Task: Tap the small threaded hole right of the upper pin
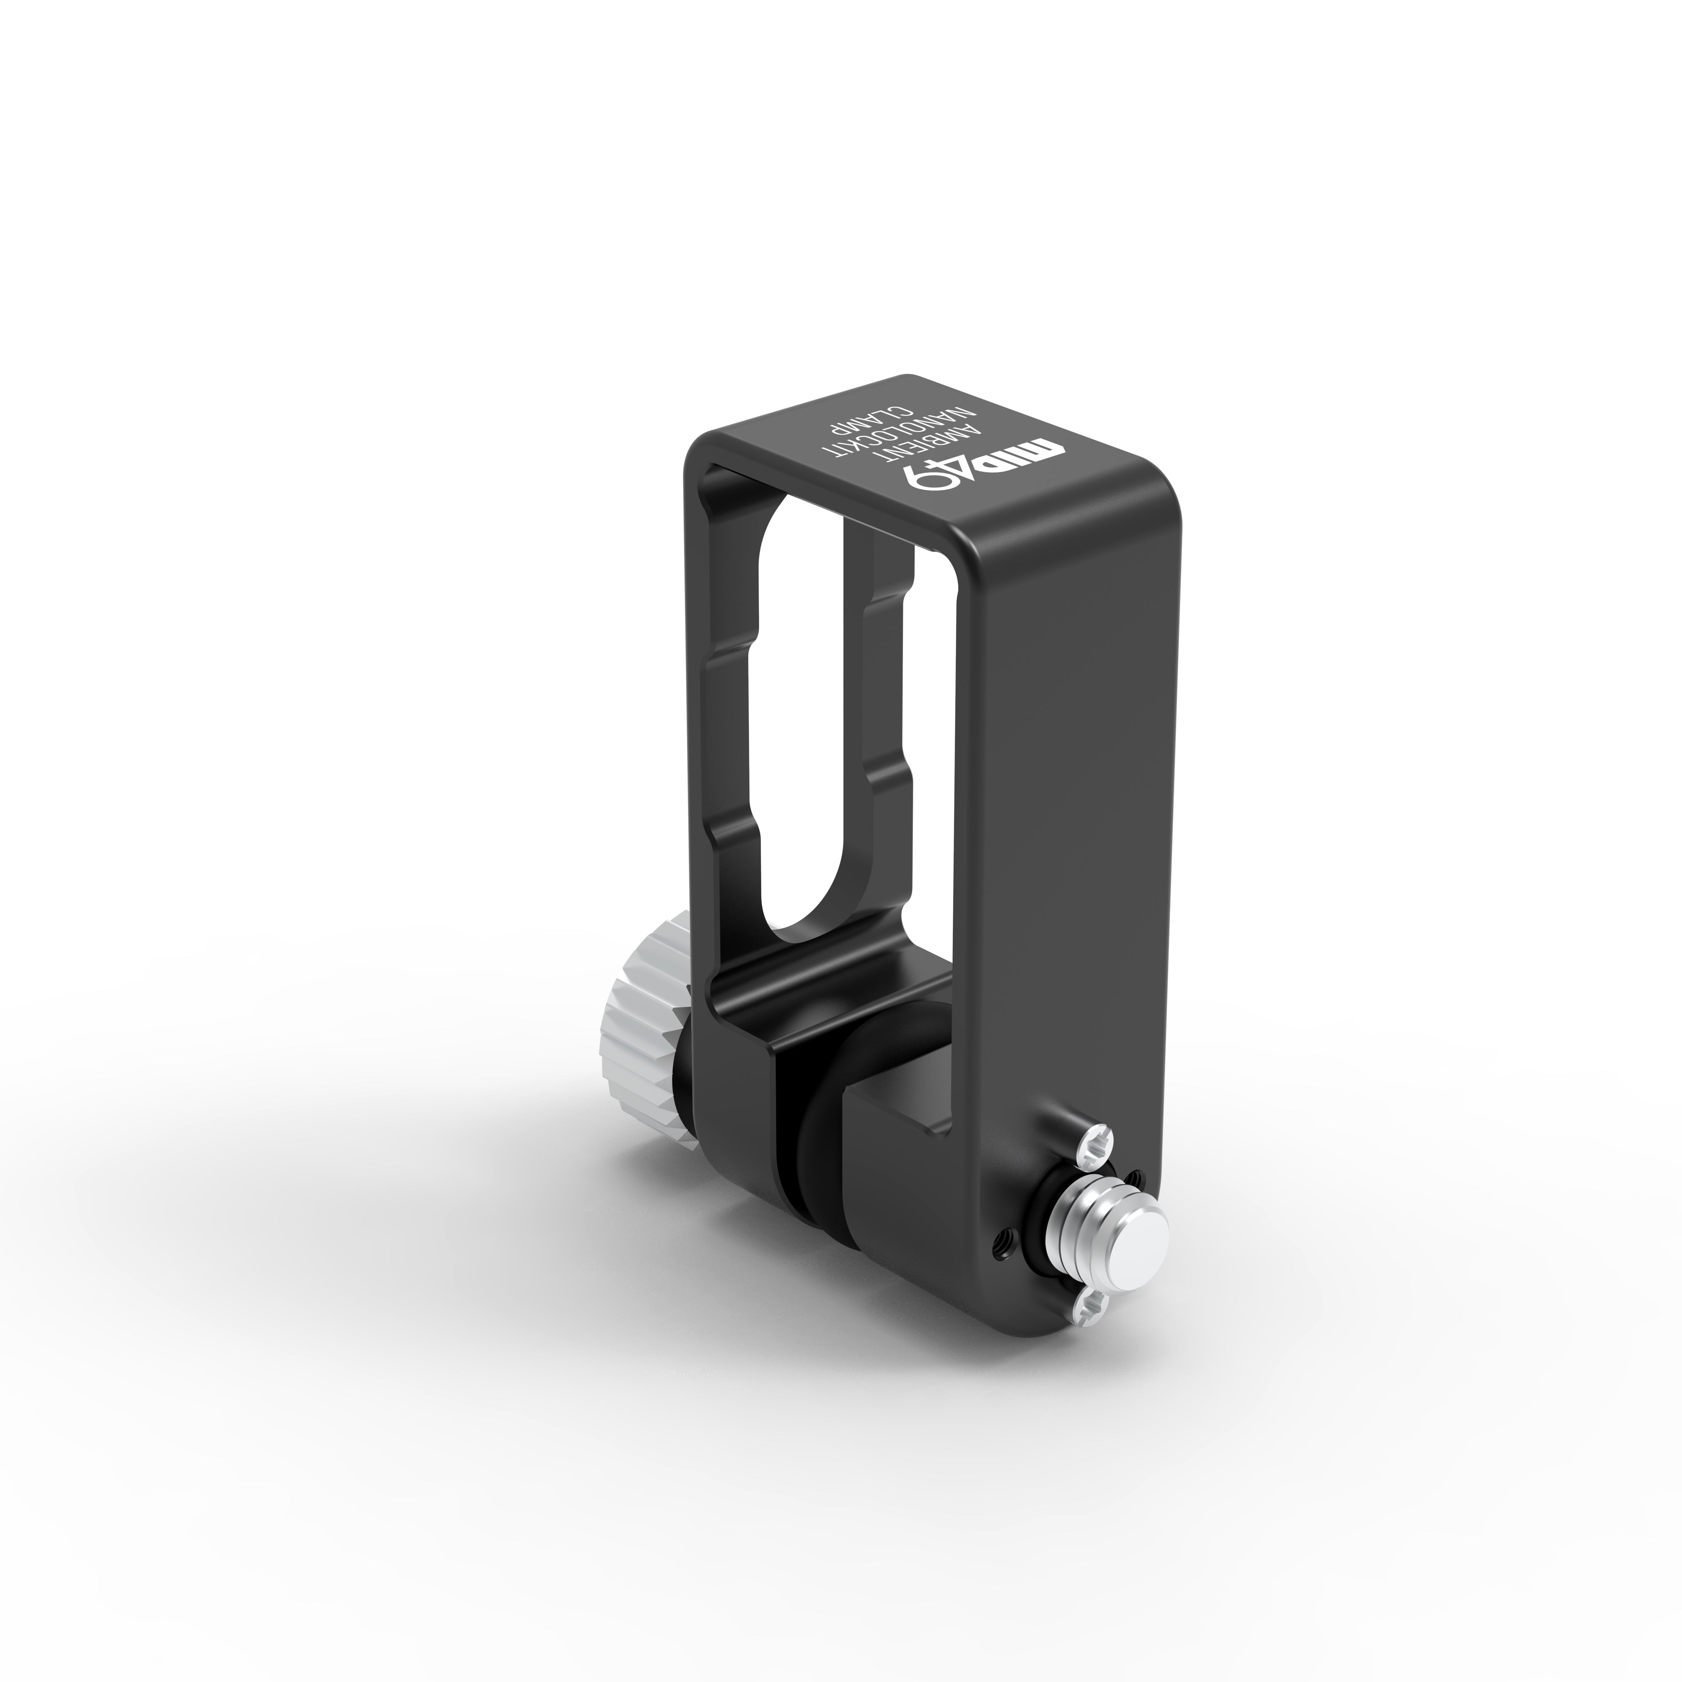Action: (x=1135, y=1179)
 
